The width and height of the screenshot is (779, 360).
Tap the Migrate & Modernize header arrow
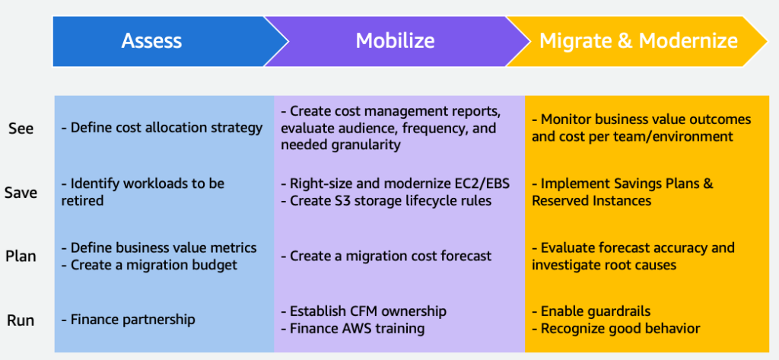638,40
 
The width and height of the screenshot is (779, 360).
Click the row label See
21,129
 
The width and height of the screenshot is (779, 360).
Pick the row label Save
21,193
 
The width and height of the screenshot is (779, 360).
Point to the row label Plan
21,256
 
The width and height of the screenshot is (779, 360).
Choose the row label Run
21,320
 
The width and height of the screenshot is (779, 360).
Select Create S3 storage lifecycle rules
389,201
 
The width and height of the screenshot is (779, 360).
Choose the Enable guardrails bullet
591,311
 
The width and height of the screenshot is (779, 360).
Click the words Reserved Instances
591,201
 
